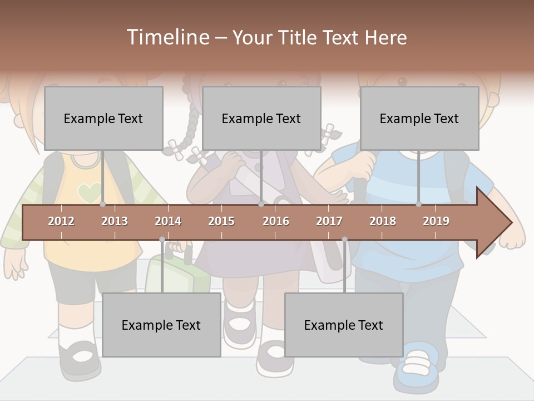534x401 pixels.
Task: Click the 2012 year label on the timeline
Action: pyautogui.click(x=61, y=221)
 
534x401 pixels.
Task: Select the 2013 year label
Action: pyautogui.click(x=115, y=221)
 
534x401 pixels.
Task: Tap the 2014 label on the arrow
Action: pyautogui.click(x=168, y=221)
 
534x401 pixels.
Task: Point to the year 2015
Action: pyautogui.click(x=221, y=221)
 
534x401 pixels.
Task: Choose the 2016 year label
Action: pyautogui.click(x=276, y=221)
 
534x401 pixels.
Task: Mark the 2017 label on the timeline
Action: pyautogui.click(x=329, y=221)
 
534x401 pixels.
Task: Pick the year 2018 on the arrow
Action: pyautogui.click(x=383, y=221)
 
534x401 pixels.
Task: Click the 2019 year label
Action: pyautogui.click(x=436, y=221)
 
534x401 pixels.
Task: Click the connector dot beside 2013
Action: pyautogui.click(x=103, y=204)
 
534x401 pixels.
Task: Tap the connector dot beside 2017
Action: pyautogui.click(x=344, y=239)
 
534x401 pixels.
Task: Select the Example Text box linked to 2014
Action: pyautogui.click(x=161, y=325)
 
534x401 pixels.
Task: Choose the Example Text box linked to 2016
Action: pyautogui.click(x=261, y=118)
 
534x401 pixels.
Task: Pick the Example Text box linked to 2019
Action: pyautogui.click(x=419, y=118)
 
